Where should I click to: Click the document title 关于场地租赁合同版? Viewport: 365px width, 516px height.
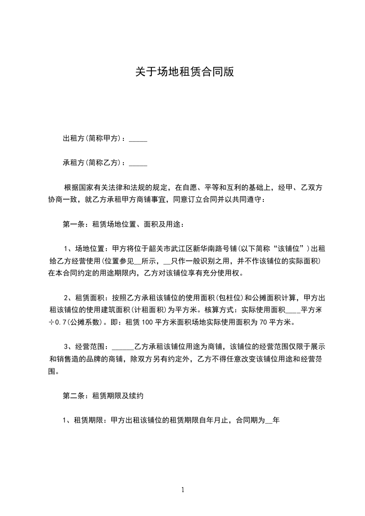pos(182,72)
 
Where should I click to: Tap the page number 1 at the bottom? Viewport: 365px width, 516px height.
pos(183,490)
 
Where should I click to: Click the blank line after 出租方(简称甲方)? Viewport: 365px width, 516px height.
pos(138,138)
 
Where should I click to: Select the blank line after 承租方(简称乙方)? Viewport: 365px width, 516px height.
pos(138,163)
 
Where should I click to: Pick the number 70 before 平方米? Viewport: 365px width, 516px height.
pos(264,322)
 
